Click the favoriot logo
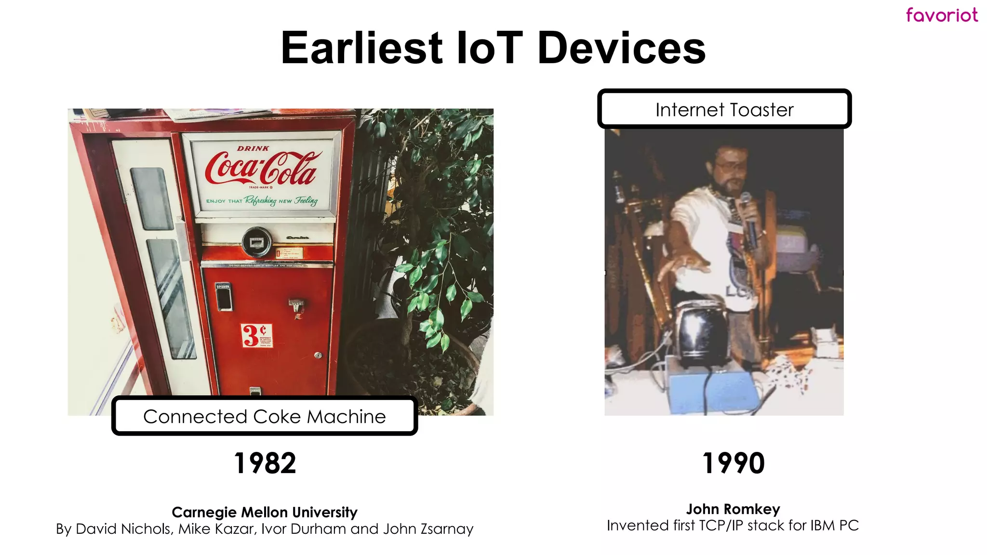tap(942, 15)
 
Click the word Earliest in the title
tap(361, 48)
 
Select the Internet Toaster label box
tap(724, 109)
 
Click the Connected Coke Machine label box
tap(264, 416)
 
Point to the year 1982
tap(265, 463)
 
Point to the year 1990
tap(733, 463)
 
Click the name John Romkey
tap(733, 509)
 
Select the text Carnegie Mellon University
tap(265, 512)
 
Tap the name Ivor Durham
tap(304, 529)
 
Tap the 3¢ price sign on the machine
tap(256, 335)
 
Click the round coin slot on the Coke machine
tap(256, 241)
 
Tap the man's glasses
tap(730, 166)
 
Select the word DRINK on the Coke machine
tap(253, 148)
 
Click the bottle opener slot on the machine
tap(223, 297)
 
